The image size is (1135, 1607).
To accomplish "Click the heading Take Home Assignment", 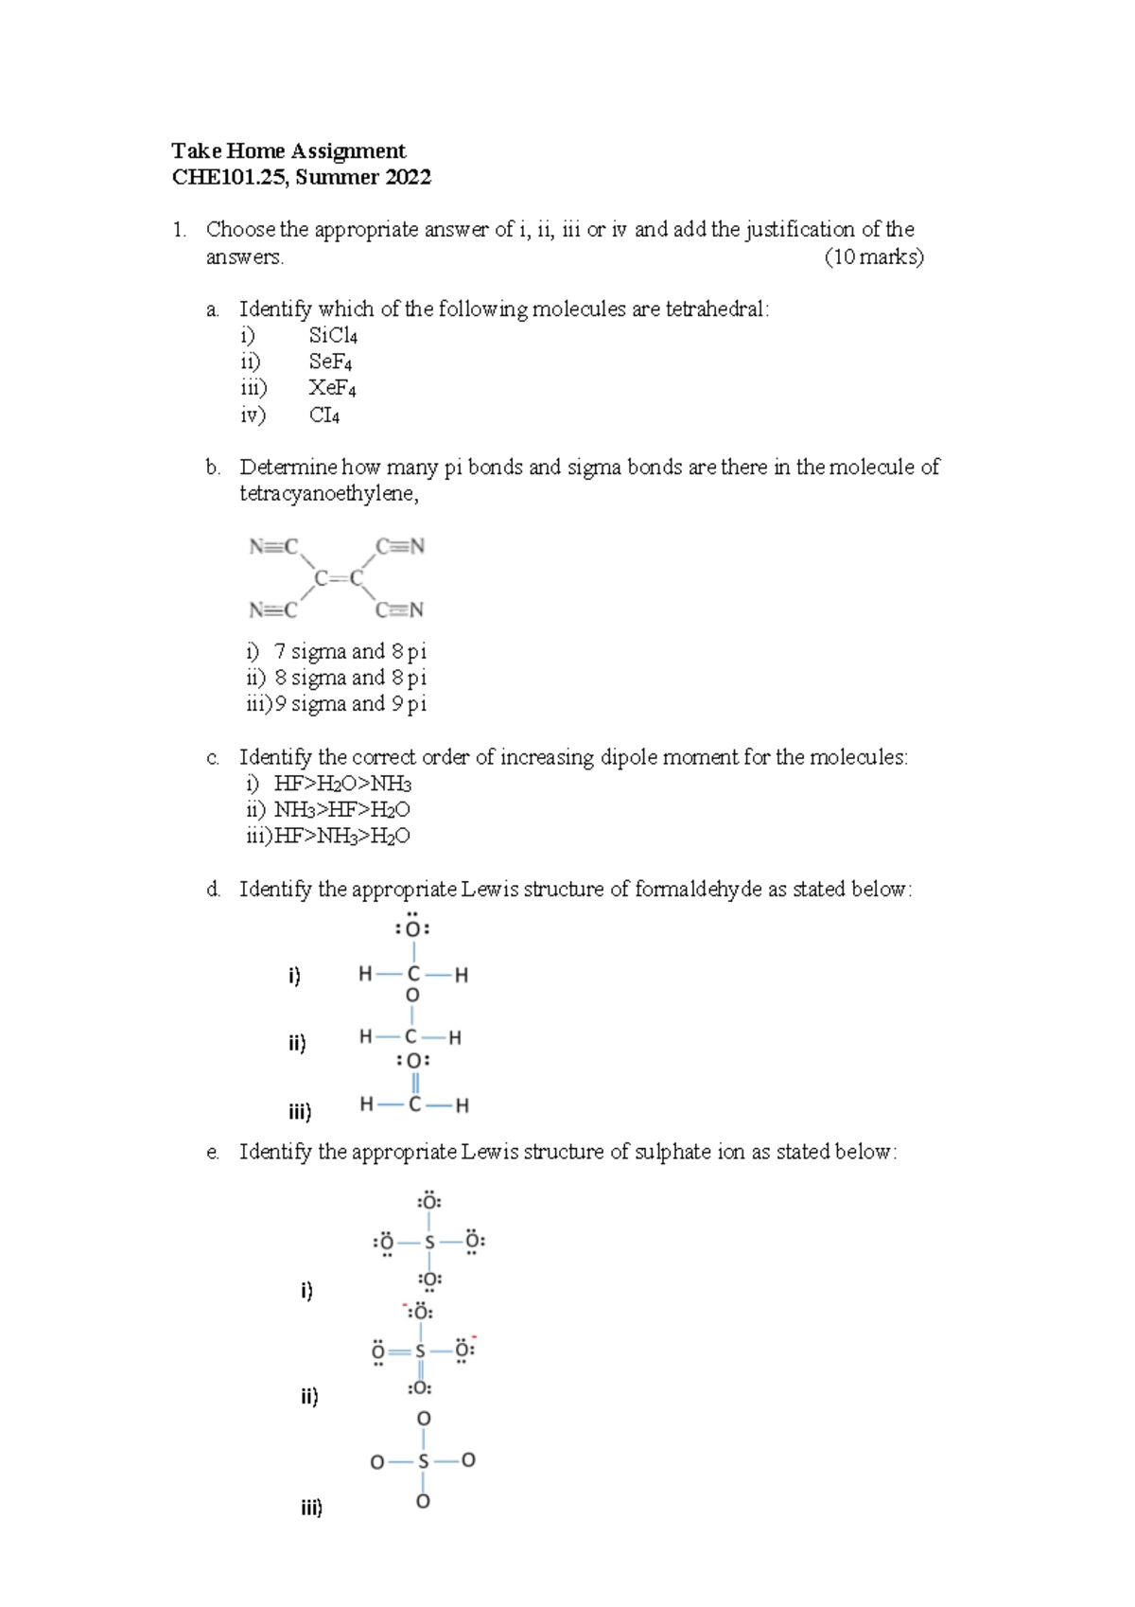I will click(x=288, y=151).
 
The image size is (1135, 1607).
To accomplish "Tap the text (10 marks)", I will click(x=873, y=256).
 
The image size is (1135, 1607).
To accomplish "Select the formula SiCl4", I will click(x=333, y=336).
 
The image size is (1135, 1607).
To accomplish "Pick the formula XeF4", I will click(x=332, y=388).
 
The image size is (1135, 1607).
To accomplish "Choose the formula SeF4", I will click(x=330, y=362).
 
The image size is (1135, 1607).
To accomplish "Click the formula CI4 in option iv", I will click(x=323, y=415).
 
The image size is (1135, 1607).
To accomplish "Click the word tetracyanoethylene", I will click(x=327, y=493).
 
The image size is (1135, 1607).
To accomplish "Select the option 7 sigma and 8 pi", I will click(x=349, y=651).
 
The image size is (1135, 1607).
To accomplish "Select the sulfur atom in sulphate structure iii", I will click(x=423, y=1461).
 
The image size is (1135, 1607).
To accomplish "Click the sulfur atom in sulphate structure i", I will click(x=428, y=1242).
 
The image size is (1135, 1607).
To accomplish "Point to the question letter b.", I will click(x=213, y=468).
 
